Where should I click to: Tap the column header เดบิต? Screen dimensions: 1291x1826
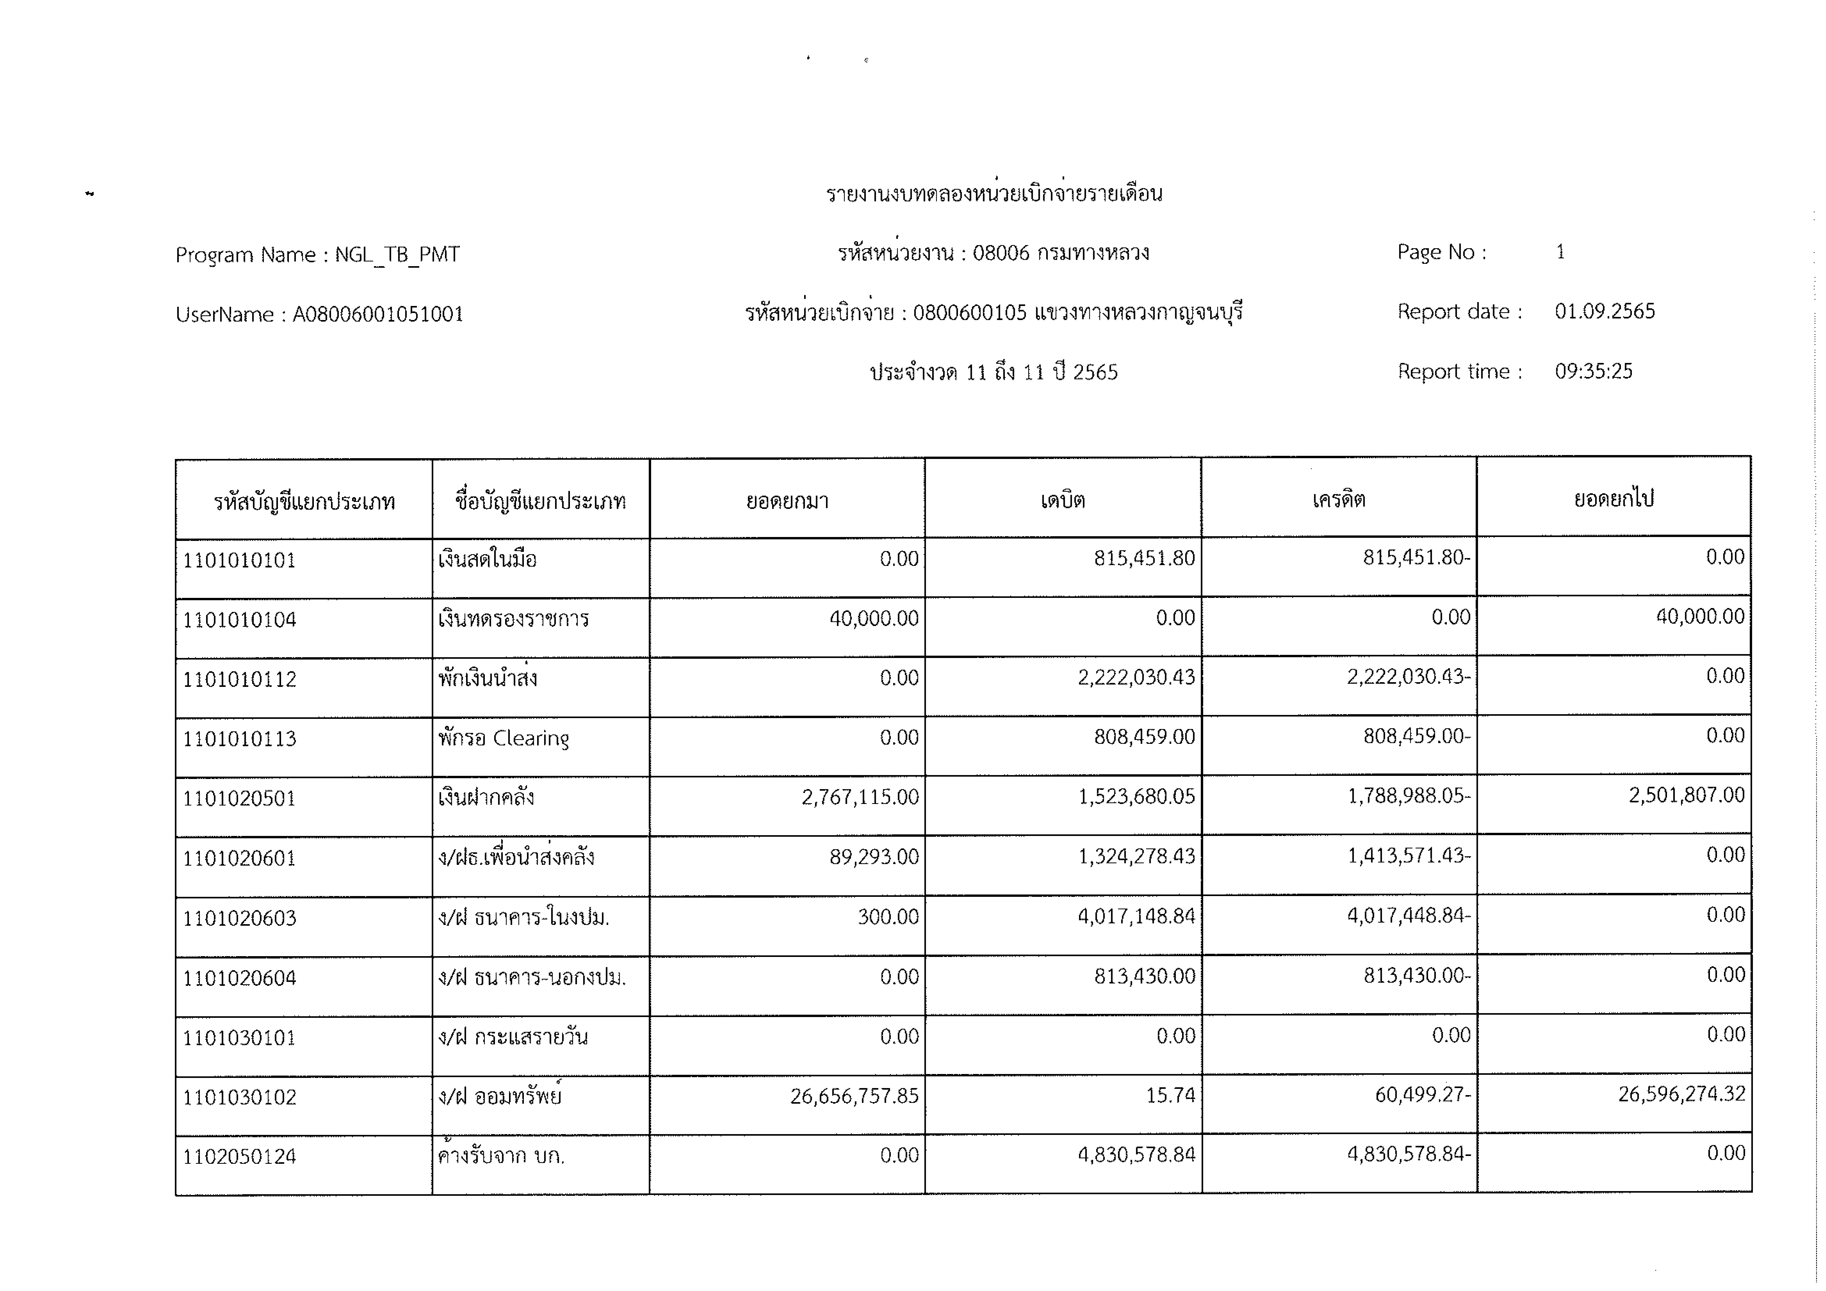1062,500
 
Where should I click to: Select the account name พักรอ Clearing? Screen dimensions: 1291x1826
504,738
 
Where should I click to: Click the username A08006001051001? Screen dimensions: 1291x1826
378,315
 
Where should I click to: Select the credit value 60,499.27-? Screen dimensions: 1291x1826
1423,1095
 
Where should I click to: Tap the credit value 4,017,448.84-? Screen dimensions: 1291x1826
1409,916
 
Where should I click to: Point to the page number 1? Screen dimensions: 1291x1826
1560,252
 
